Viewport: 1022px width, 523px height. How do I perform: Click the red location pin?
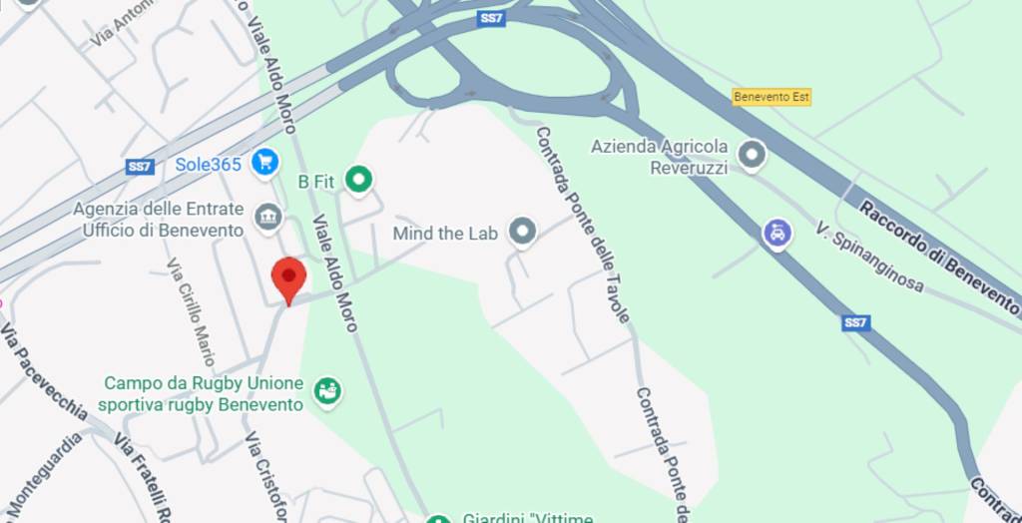pos(288,276)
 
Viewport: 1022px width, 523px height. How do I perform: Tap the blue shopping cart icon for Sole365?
pos(264,162)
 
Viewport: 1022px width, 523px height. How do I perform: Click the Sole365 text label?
pos(209,164)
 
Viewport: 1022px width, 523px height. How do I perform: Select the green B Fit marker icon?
pos(358,180)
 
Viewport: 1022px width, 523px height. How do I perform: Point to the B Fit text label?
pos(316,182)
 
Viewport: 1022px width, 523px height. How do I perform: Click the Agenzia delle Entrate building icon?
pos(267,217)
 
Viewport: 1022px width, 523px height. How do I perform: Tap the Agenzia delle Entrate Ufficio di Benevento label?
pos(159,220)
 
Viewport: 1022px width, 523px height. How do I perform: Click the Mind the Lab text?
pos(444,234)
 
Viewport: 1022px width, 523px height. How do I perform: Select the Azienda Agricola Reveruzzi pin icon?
pos(752,155)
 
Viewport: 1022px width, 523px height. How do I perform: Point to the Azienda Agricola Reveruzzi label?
pos(659,157)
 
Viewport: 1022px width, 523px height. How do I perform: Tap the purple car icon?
pos(776,235)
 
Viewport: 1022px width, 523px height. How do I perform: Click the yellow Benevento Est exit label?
pos(771,97)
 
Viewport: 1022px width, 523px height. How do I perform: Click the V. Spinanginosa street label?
pos(868,258)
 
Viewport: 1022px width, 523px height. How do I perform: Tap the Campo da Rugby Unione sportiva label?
pos(203,394)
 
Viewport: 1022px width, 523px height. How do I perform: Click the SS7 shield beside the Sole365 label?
pos(140,167)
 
